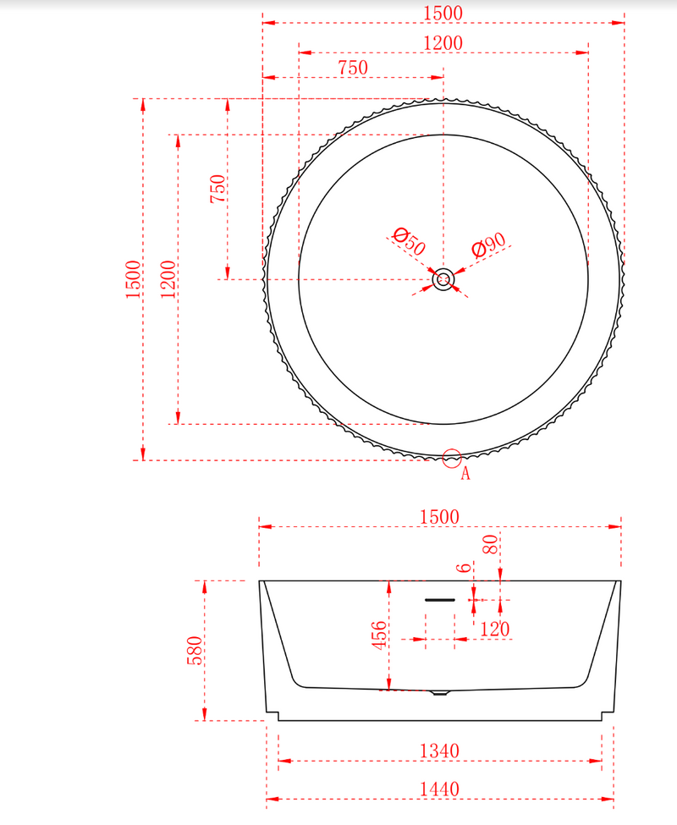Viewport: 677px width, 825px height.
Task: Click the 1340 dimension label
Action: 439,751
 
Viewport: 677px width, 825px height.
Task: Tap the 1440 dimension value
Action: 439,789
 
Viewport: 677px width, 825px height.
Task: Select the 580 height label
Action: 194,651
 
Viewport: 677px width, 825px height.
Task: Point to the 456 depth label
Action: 380,635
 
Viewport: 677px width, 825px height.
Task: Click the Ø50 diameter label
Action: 410,241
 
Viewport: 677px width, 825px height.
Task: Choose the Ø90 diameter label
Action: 488,245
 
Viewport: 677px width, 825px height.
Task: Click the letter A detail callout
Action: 465,475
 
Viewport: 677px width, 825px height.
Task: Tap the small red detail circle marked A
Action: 452,458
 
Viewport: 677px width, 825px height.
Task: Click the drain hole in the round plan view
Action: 443,279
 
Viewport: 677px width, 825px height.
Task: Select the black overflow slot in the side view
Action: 440,599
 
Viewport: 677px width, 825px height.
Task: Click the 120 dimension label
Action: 494,630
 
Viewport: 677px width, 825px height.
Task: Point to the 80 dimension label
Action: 489,545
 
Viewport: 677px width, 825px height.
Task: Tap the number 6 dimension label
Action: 462,568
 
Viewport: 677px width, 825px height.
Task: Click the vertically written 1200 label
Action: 168,279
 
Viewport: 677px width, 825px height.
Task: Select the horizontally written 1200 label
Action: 443,42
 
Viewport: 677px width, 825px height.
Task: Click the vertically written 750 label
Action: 217,188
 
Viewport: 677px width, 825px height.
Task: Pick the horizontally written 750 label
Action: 352,69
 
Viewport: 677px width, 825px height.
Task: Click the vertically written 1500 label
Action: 133,279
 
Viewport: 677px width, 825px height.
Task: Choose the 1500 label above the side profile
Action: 439,516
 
